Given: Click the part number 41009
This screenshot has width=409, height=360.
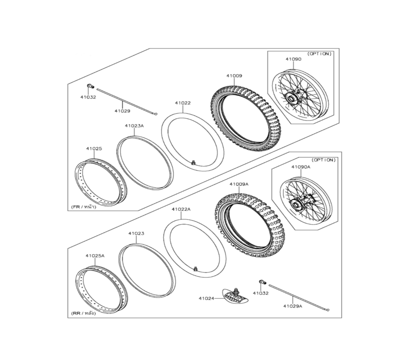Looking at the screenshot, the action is pos(234,76).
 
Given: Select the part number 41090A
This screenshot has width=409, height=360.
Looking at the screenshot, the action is pos(301,167).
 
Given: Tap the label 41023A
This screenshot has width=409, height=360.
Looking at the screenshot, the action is pos(134,126).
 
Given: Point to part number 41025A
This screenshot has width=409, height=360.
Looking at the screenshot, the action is pos(95,256).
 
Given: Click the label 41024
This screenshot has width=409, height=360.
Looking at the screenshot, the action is pos(206,298).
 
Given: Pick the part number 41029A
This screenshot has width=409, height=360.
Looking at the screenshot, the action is pos(293,306).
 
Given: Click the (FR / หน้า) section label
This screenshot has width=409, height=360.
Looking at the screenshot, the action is pos(83,207).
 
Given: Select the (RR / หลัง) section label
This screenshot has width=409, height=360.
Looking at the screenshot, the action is pos(83,313).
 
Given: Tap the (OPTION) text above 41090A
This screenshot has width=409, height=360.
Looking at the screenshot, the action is pos(324,160).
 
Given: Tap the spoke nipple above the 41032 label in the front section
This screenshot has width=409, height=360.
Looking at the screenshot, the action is pos(90,86).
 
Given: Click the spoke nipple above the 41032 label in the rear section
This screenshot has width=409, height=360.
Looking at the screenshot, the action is pos(263,282).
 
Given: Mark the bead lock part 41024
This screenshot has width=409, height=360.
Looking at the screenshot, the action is pos(235,296).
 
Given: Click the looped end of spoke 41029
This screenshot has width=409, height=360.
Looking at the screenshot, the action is pos(156,114).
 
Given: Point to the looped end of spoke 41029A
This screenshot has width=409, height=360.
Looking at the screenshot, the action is pos(328,310).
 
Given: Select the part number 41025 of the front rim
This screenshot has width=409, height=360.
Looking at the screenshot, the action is pos(94,148).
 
